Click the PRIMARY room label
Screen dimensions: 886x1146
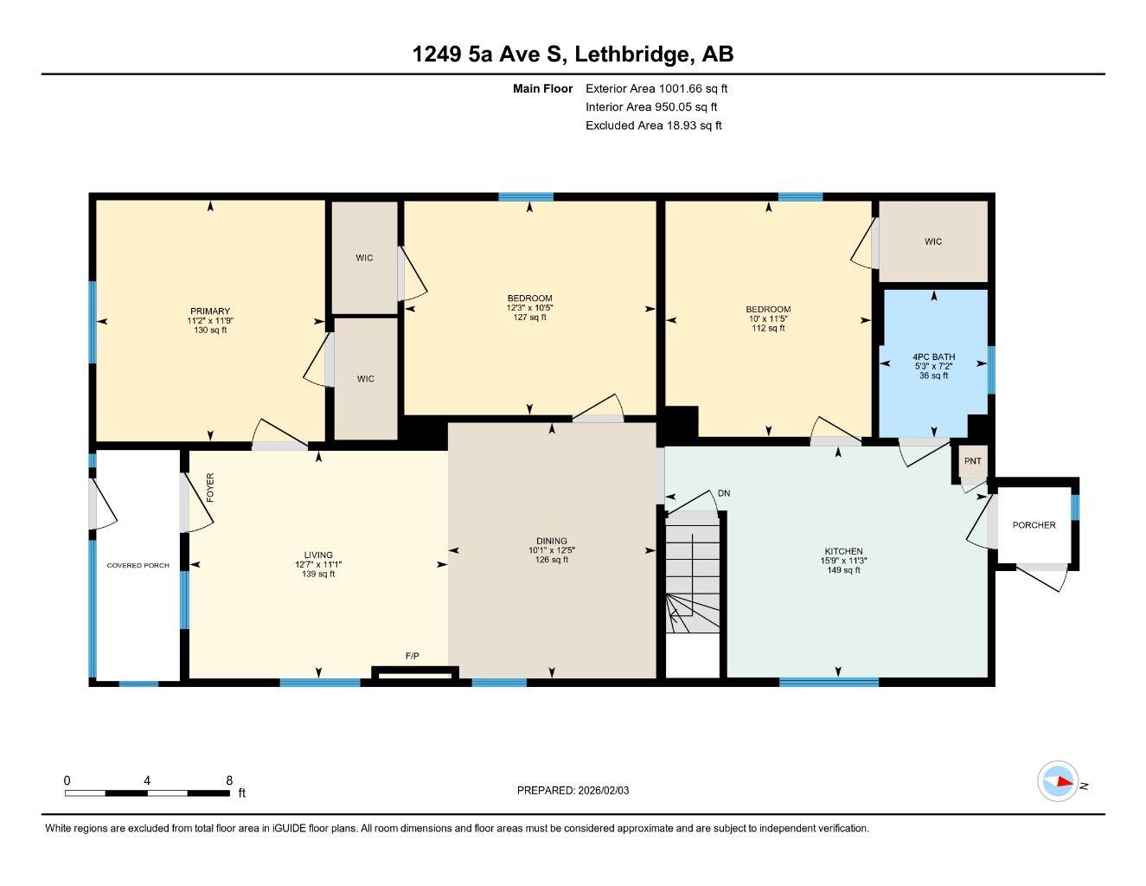210,311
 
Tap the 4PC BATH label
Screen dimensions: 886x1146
933,356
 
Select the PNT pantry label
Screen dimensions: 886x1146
972,461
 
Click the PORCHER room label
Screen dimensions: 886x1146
1034,525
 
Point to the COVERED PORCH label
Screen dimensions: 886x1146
138,566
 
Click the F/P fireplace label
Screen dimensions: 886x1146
413,657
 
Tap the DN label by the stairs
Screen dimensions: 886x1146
724,493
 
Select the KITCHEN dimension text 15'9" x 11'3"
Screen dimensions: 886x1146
843,561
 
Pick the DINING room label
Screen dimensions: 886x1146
551,541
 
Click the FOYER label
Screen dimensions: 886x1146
210,488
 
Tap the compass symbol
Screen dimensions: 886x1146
1058,782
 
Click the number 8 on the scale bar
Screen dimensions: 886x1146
229,780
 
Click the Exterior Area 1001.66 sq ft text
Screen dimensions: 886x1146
656,88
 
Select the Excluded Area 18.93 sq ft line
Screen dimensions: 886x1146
653,125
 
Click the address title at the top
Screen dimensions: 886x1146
573,55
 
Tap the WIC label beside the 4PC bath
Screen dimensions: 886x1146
932,241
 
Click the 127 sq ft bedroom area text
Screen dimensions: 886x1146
529,318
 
